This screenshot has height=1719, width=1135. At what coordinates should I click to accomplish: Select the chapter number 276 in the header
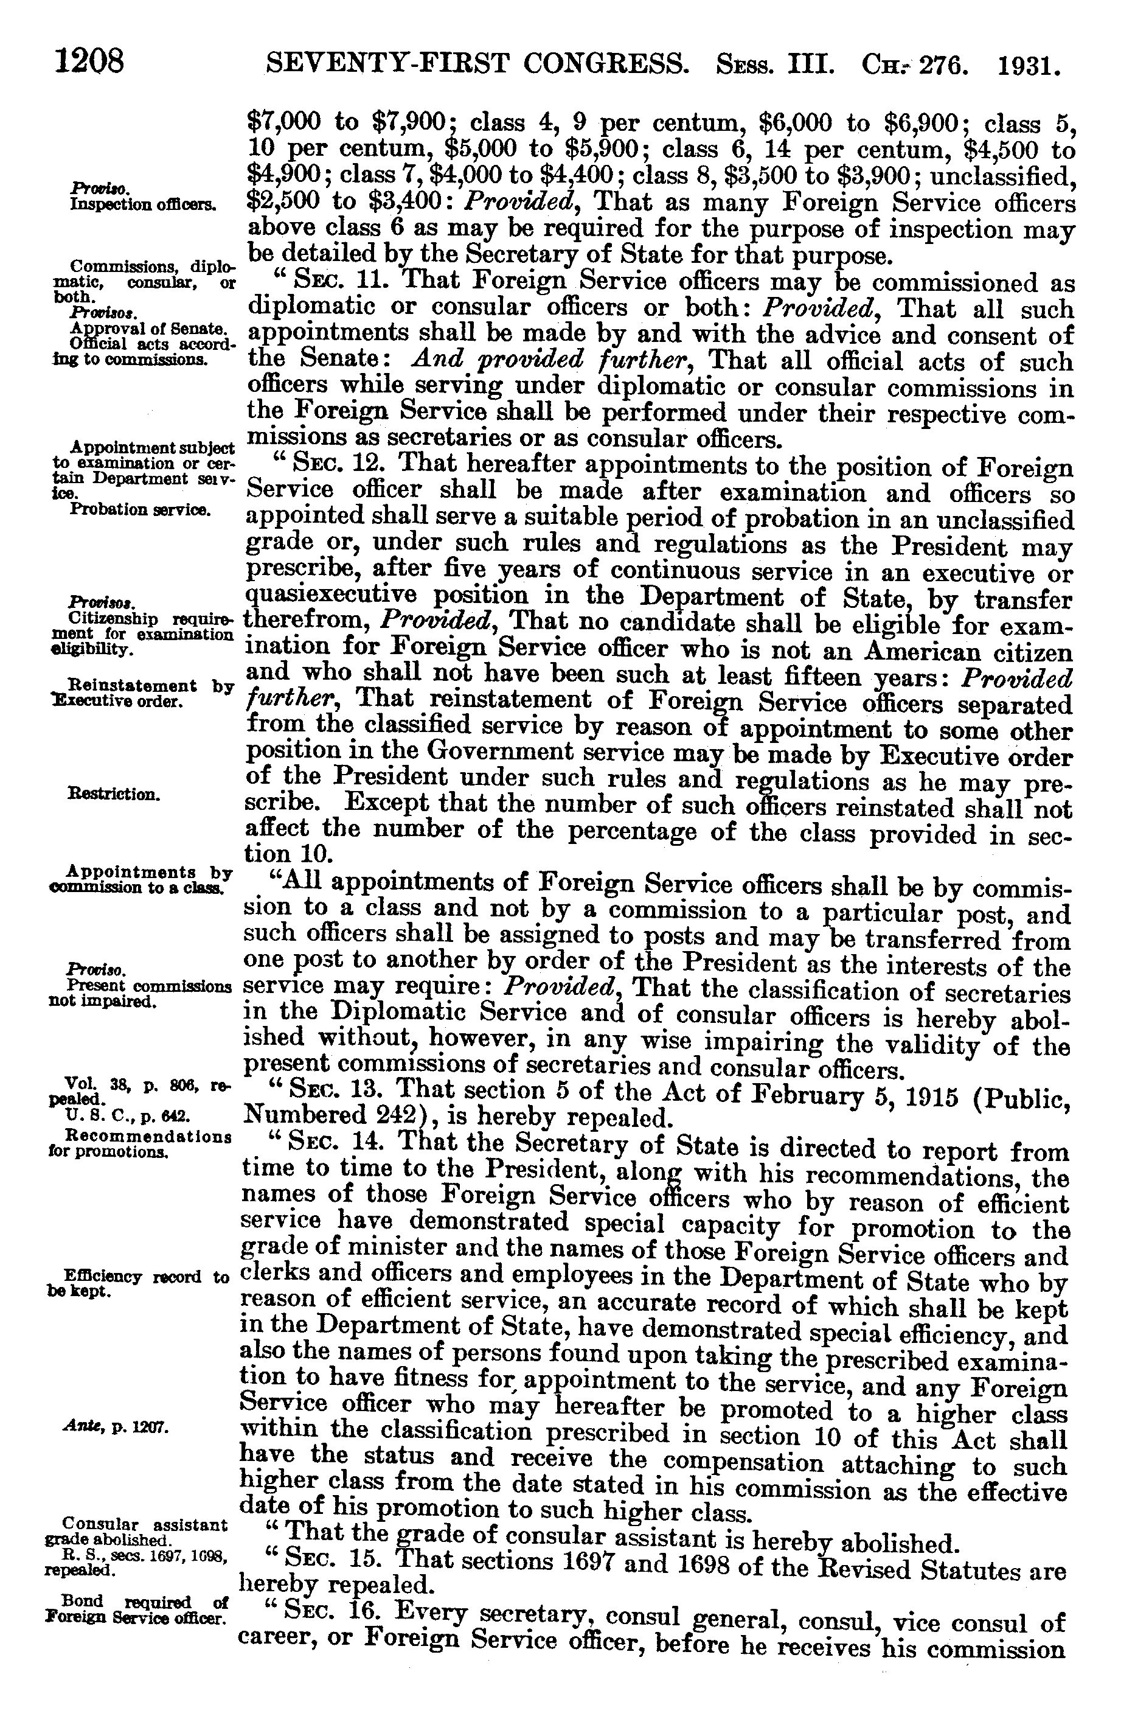tap(945, 66)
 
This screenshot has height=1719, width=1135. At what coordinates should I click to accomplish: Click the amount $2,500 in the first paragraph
tap(285, 203)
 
